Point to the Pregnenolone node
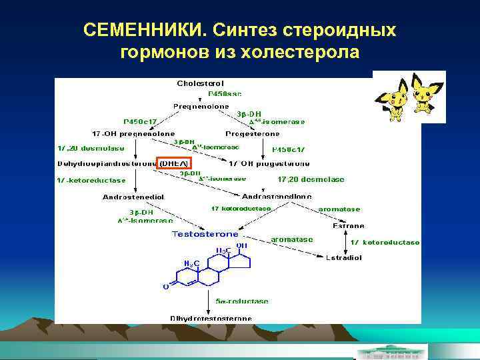tap(201, 106)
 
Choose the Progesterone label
tap(253, 133)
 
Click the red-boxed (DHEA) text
tap(173, 163)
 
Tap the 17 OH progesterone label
tap(269, 163)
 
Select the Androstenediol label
tap(133, 197)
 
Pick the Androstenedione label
tap(277, 197)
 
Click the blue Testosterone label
tap(205, 234)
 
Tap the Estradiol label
tap(345, 257)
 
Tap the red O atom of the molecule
tap(165, 287)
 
